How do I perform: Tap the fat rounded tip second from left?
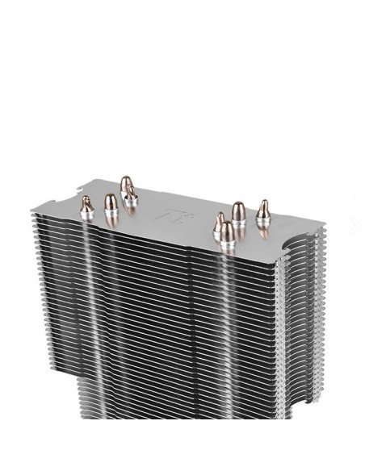point(108,200)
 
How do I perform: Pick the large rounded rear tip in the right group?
point(238,210)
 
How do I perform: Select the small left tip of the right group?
point(218,218)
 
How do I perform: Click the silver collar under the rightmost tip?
point(262,217)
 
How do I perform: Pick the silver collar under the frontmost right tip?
point(229,240)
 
